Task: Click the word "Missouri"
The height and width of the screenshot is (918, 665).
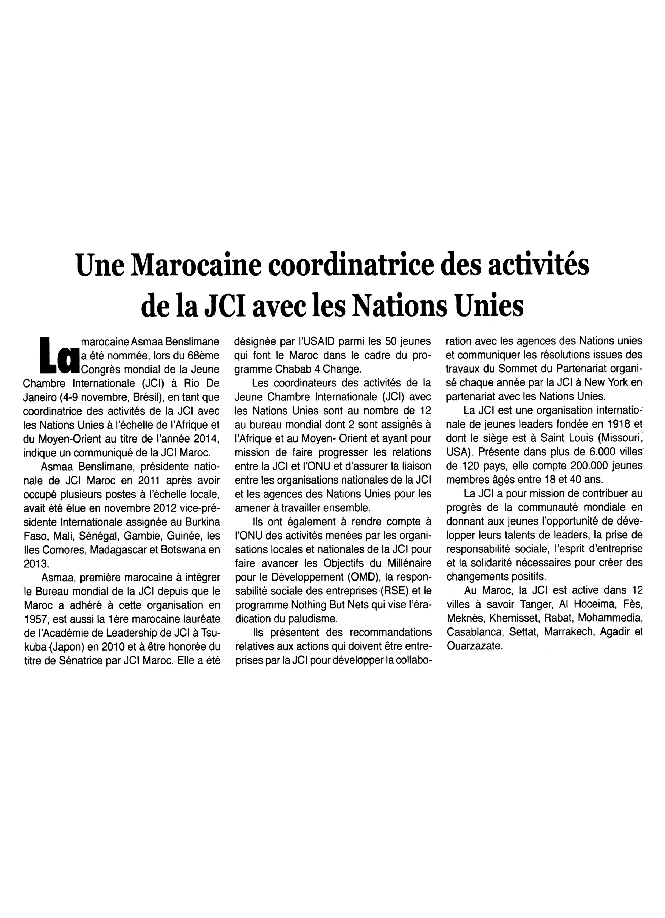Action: (x=617, y=438)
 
